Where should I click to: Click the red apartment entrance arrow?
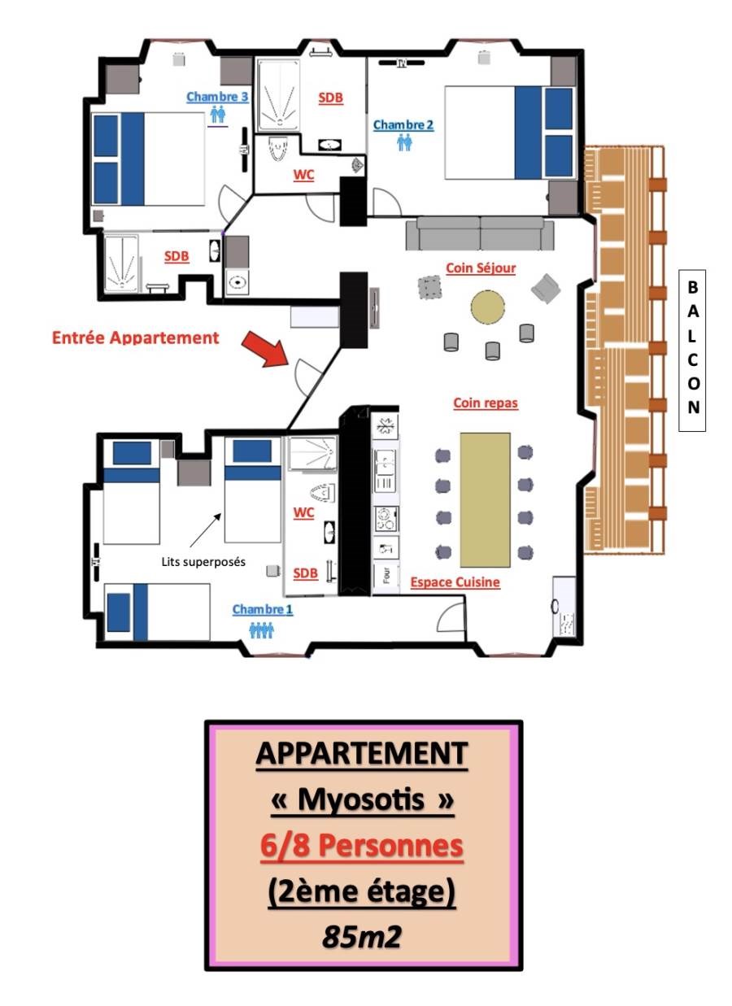(x=265, y=349)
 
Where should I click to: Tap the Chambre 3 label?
(x=217, y=97)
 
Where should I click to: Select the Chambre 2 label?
(x=403, y=125)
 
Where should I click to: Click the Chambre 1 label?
(x=262, y=609)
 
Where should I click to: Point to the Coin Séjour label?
(x=481, y=268)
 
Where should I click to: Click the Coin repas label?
(x=486, y=403)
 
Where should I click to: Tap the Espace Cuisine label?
(x=455, y=582)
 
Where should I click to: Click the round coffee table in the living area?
(x=487, y=307)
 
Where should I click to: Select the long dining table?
(x=485, y=500)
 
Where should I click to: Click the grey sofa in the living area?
(x=480, y=233)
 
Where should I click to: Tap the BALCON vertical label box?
(x=692, y=351)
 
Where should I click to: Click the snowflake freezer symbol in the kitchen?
(x=385, y=426)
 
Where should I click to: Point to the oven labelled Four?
(x=386, y=577)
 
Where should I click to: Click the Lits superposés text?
(x=203, y=562)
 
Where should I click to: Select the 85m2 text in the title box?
(x=362, y=937)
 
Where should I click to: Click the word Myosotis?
(x=361, y=799)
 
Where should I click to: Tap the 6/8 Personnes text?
(x=361, y=847)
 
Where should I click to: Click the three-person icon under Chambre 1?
(x=261, y=630)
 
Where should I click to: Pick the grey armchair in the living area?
(x=546, y=289)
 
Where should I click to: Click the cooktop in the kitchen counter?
(x=386, y=519)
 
